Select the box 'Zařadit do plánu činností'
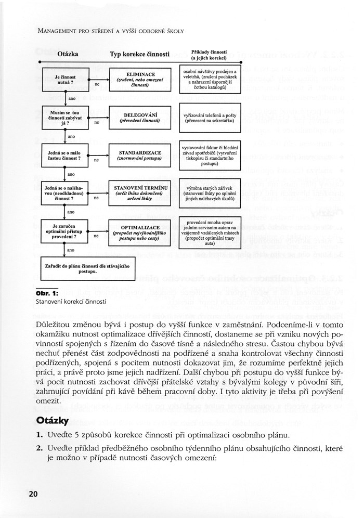tap(87, 268)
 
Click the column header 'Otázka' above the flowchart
tap(68, 54)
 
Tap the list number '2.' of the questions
tap(39, 448)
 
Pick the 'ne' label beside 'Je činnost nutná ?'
tap(96, 84)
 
